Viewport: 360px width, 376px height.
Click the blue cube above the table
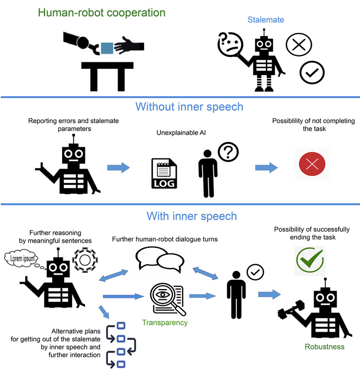pyautogui.click(x=107, y=47)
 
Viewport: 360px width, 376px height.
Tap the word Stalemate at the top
pyautogui.click(x=265, y=20)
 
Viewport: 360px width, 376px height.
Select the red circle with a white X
pyautogui.click(x=312, y=164)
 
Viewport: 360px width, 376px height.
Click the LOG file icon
pyautogui.click(x=164, y=174)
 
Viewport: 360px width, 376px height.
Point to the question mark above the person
pyautogui.click(x=228, y=152)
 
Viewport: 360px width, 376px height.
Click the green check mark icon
pyautogui.click(x=310, y=261)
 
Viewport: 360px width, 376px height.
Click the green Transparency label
pyautogui.click(x=165, y=322)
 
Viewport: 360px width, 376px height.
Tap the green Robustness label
pyautogui.click(x=324, y=346)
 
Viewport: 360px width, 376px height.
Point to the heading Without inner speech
pyautogui.click(x=189, y=107)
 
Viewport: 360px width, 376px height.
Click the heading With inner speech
pyautogui.click(x=192, y=216)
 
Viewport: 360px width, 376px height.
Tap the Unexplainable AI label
pyautogui.click(x=180, y=133)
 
